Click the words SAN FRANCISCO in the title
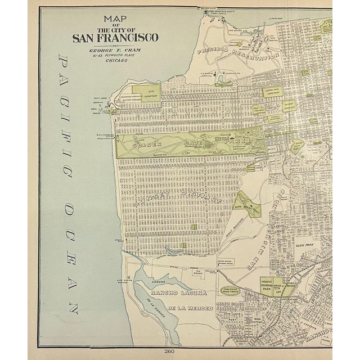click(115, 38)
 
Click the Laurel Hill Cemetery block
click(273, 89)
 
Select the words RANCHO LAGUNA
click(171, 293)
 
